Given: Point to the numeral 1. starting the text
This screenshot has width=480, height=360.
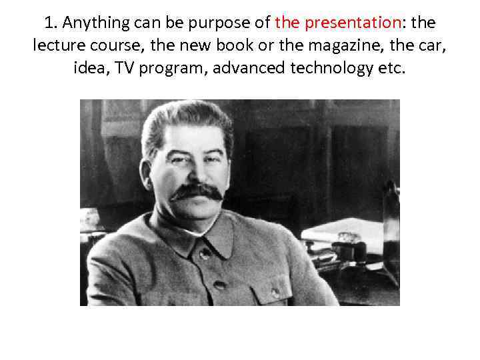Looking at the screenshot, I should coord(50,23).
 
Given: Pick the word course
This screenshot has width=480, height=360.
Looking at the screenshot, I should coord(109,45).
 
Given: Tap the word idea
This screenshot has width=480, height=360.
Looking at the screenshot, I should coord(89,67).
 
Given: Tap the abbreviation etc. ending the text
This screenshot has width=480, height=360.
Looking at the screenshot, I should coord(390,67).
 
